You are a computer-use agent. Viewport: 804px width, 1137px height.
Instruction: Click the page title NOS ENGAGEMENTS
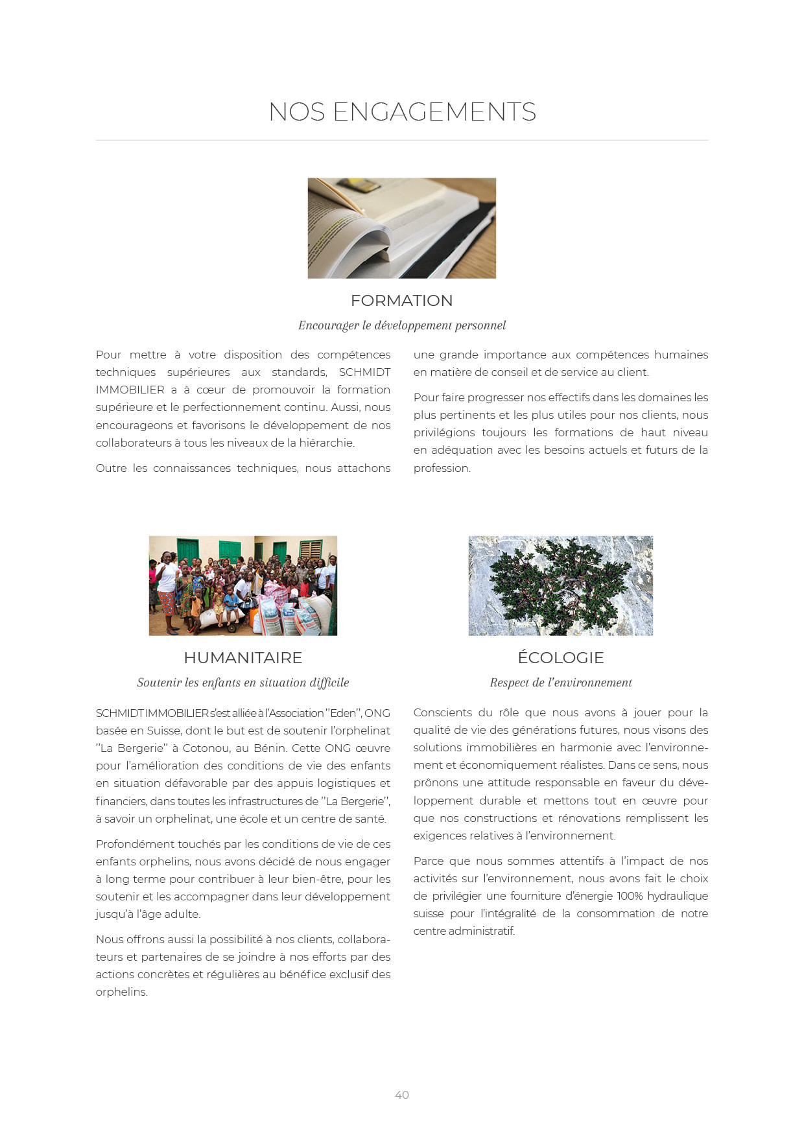tap(402, 112)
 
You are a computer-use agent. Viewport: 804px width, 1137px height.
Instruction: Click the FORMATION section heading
tap(401, 301)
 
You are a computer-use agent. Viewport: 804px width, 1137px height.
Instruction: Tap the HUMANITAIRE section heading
tap(242, 658)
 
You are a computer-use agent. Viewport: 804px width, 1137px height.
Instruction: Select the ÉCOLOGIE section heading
tap(560, 658)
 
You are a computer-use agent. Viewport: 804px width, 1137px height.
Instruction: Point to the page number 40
tap(402, 1095)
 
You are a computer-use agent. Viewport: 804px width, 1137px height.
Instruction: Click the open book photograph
tap(401, 228)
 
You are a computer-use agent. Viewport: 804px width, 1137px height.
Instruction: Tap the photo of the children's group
tap(242, 585)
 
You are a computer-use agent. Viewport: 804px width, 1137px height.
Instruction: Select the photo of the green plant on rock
tap(560, 585)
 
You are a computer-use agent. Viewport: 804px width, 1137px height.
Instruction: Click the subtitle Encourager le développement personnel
tap(401, 325)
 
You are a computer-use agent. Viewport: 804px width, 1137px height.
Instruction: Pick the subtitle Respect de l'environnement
tap(560, 683)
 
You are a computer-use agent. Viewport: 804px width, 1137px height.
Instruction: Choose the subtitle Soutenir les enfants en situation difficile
tap(242, 683)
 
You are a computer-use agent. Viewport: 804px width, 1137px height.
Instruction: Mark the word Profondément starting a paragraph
tap(135, 844)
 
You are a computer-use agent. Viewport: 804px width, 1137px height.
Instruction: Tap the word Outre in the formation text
tap(111, 468)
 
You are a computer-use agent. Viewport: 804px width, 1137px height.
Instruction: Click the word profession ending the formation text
tap(442, 468)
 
